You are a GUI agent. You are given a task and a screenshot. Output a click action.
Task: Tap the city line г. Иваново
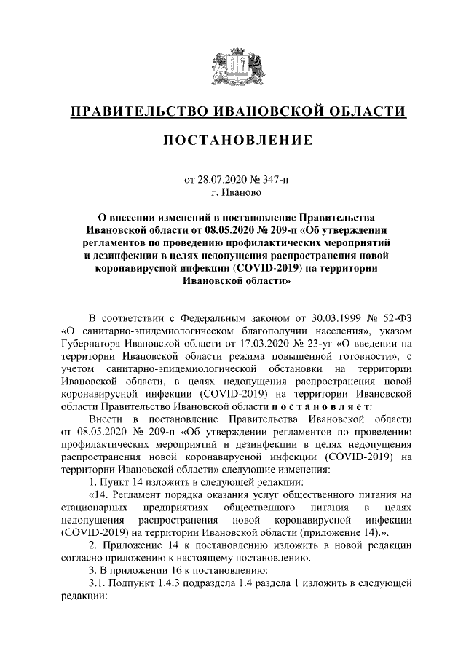232,193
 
